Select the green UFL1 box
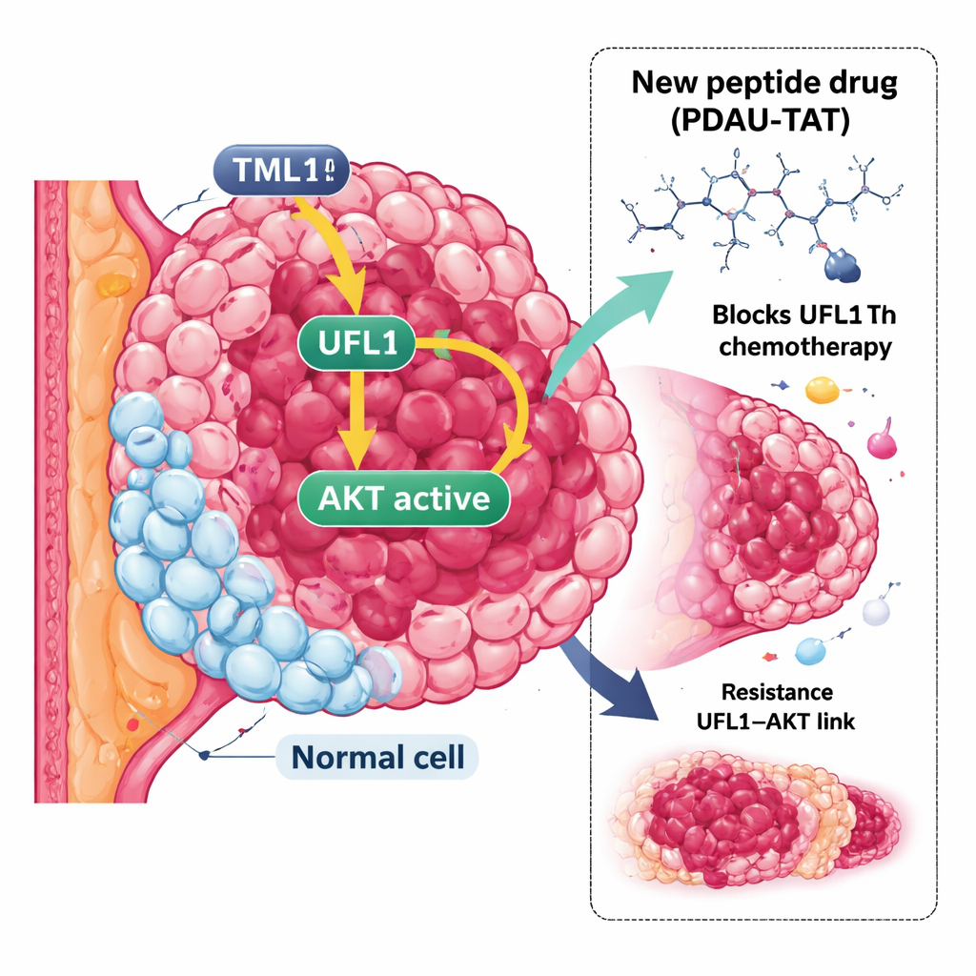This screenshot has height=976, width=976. click(355, 344)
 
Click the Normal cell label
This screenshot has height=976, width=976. click(377, 758)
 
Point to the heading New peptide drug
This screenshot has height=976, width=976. click(764, 83)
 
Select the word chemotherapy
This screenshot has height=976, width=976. click(805, 345)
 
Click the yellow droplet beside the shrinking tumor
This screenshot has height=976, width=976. click(820, 389)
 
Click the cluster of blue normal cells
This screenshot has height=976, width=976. click(219, 572)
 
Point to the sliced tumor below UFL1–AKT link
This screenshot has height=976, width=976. click(753, 815)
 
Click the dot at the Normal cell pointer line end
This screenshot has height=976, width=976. click(204, 755)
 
